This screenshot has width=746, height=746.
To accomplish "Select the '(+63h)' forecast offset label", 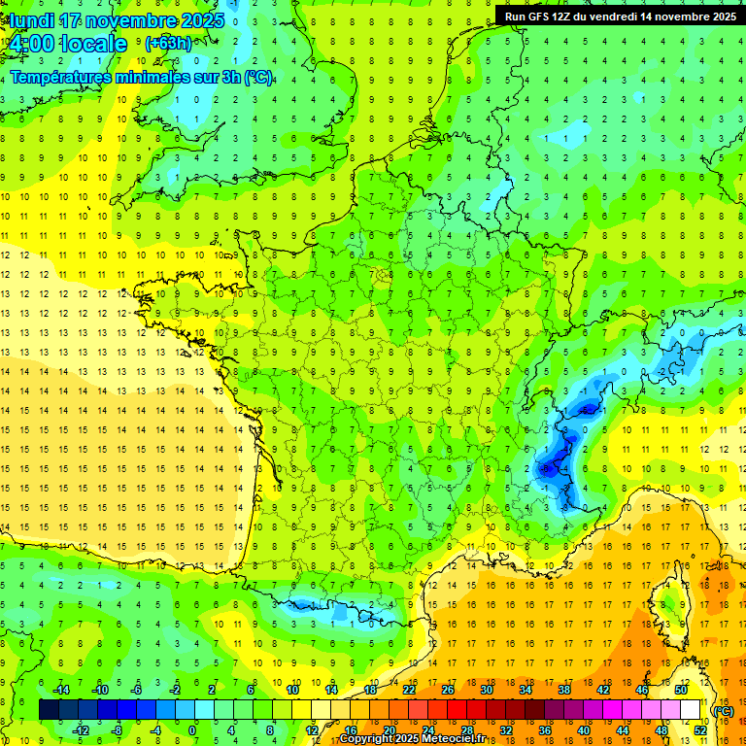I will tap(168, 43).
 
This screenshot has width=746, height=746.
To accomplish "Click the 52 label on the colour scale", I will tap(700, 729).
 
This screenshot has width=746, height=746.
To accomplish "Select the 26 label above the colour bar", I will tap(447, 690).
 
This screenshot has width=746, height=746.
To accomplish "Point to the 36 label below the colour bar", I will tap(545, 729).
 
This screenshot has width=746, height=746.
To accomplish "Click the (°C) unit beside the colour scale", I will tap(723, 711).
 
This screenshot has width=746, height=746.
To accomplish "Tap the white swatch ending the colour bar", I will tap(691, 710).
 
